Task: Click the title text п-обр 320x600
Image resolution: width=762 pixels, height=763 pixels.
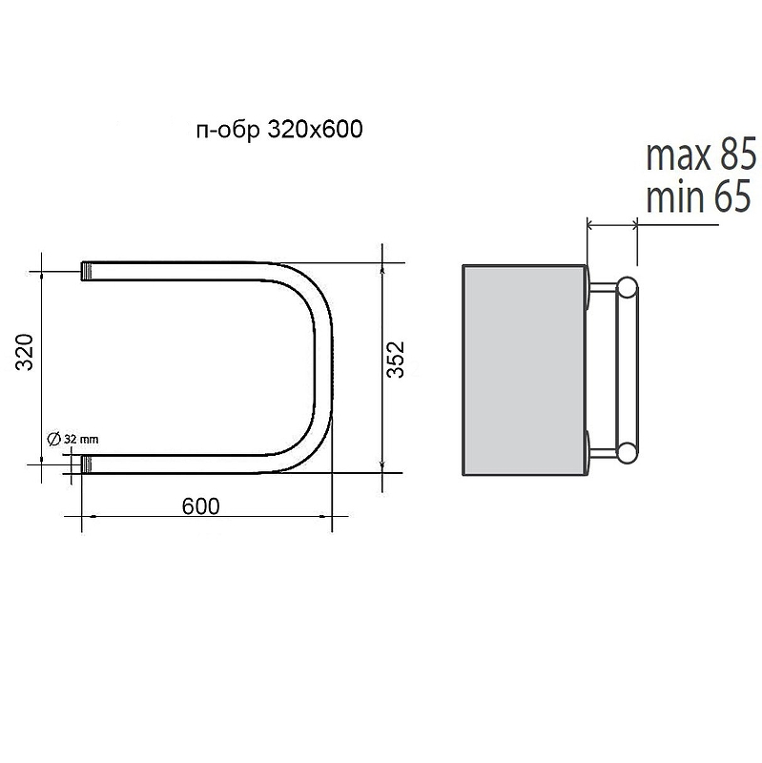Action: [x=279, y=130]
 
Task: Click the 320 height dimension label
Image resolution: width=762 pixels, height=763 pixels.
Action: [x=25, y=352]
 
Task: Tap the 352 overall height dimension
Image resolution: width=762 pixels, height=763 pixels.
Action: [x=395, y=360]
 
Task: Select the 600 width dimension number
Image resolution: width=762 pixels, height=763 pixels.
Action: [x=200, y=506]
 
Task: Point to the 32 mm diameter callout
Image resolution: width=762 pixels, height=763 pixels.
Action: [x=72, y=439]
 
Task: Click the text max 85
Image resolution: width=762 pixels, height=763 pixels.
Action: [x=701, y=155]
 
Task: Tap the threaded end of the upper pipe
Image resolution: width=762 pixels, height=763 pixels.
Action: [x=86, y=272]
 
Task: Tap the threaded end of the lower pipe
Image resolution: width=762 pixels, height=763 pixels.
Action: [x=86, y=464]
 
